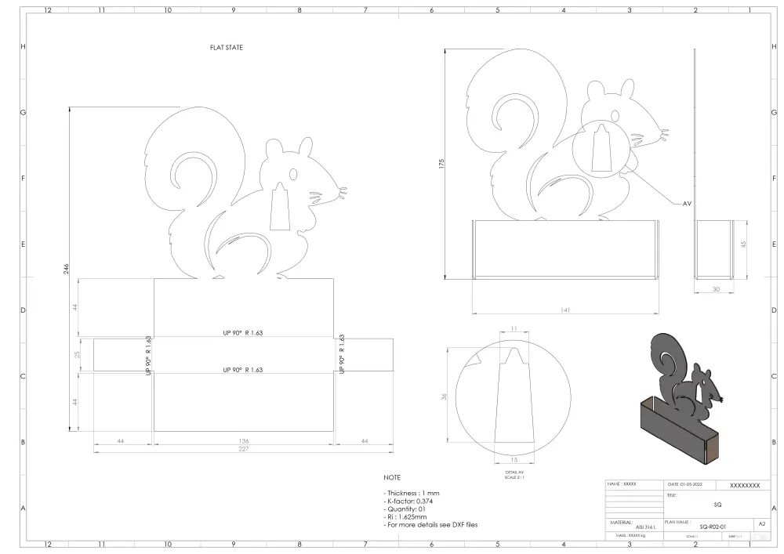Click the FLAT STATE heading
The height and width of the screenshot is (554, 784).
[227, 48]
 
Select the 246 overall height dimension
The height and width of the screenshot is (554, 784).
[65, 269]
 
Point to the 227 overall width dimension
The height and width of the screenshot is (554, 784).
[243, 449]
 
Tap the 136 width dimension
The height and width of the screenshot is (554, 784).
[243, 441]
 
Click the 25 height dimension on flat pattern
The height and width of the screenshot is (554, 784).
[77, 355]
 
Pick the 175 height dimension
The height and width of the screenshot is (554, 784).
[441, 164]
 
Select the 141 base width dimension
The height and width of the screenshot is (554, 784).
[565, 310]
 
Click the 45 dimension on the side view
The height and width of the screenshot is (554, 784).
[743, 245]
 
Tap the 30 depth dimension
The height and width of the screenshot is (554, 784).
[714, 288]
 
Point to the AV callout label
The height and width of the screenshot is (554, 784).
[687, 204]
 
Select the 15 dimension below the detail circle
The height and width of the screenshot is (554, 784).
[514, 459]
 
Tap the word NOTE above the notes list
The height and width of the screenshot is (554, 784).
[392, 477]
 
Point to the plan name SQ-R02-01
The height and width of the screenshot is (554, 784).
[713, 527]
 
